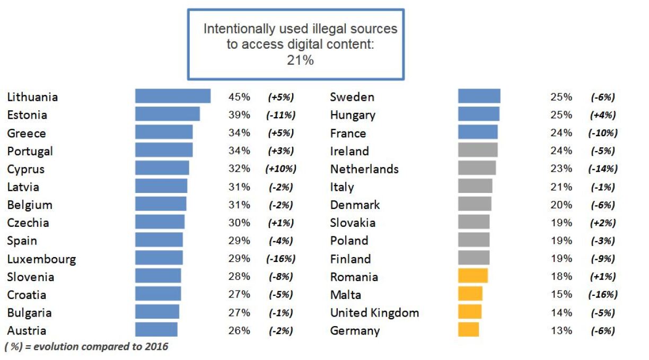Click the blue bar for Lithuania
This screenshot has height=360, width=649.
pyautogui.click(x=173, y=96)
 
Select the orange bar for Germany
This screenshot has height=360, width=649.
pyautogui.click(x=468, y=330)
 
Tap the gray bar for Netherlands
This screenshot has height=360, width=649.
pyautogui.click(x=477, y=169)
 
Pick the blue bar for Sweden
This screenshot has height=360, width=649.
pyautogui.click(x=479, y=96)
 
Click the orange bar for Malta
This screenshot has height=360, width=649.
pyautogui.click(x=470, y=294)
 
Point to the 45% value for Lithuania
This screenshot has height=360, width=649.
pyautogui.click(x=239, y=97)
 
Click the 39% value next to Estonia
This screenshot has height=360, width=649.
pyautogui.click(x=239, y=115)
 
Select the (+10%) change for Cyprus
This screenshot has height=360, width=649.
pyautogui.click(x=280, y=169)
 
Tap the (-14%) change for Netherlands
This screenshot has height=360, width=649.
pyautogui.click(x=603, y=169)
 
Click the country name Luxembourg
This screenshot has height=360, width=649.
pyautogui.click(x=41, y=259)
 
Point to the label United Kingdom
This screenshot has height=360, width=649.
pyautogui.click(x=374, y=313)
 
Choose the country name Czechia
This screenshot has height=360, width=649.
pyautogui.click(x=28, y=223)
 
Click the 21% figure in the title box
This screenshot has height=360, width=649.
pyautogui.click(x=300, y=60)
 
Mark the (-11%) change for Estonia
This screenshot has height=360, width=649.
pyautogui.click(x=280, y=115)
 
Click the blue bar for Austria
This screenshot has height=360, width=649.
pyautogui.click(x=156, y=330)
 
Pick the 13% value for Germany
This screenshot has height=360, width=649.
pyautogui.click(x=562, y=330)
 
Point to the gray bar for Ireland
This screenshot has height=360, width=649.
pyautogui.click(x=477, y=151)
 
